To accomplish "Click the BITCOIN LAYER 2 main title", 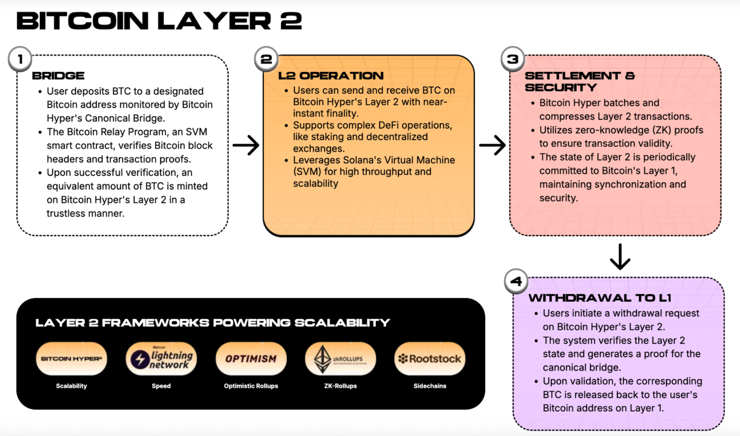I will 159,21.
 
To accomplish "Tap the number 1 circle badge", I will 21,59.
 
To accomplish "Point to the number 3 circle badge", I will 513,59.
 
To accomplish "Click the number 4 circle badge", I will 516,281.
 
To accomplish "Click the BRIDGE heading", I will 58,76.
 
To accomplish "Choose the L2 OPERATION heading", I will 331,76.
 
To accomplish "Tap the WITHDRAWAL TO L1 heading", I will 600,298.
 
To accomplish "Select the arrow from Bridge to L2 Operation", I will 246,145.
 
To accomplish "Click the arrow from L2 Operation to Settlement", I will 492,145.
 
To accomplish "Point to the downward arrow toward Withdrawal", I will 620,257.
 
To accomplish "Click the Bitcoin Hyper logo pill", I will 71,359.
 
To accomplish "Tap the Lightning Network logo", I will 161,359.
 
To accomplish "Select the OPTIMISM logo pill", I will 251,359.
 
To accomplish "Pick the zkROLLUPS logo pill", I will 340,359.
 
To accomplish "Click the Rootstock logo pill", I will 430,359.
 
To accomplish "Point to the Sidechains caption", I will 430,386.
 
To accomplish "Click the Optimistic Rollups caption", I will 251,386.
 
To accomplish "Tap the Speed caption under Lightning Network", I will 161,386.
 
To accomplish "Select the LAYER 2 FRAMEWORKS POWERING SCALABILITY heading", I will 212,322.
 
